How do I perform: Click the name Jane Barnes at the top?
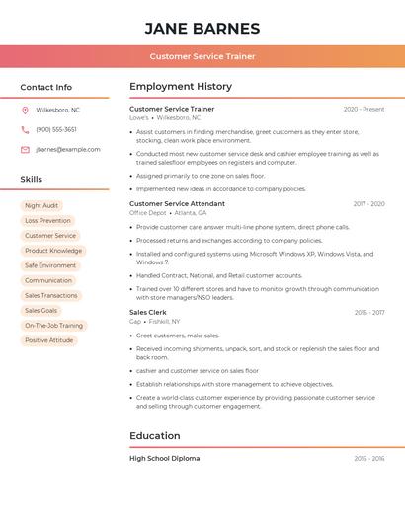(x=202, y=28)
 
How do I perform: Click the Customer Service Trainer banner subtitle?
(x=202, y=56)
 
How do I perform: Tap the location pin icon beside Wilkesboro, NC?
(x=25, y=110)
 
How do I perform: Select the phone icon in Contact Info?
(x=25, y=129)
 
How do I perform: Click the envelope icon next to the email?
(x=25, y=150)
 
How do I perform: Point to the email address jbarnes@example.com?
(x=68, y=150)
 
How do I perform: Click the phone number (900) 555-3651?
(x=56, y=129)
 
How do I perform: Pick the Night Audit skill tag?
(x=41, y=206)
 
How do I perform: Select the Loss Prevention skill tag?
(x=47, y=221)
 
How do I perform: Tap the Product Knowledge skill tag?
(x=53, y=251)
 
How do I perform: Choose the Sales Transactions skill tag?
(x=51, y=295)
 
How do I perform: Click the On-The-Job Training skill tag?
(x=54, y=326)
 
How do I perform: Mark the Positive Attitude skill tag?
(x=49, y=340)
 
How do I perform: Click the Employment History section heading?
(x=181, y=87)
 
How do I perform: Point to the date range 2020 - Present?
(x=364, y=109)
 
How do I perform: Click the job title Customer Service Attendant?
(x=178, y=204)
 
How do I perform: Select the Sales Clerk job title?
(x=148, y=312)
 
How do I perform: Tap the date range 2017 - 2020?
(x=368, y=204)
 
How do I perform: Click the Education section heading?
(x=155, y=436)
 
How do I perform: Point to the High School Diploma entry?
(x=165, y=458)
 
